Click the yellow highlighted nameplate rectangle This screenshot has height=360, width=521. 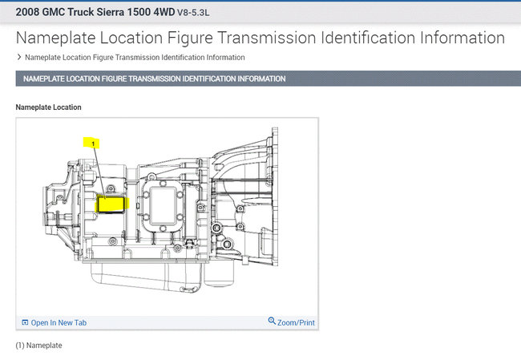[x=111, y=204]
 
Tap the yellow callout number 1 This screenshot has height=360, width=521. [x=93, y=144]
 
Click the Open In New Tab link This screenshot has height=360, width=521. [x=59, y=323]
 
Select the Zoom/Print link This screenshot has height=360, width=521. [x=296, y=323]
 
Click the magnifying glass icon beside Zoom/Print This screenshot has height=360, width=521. [x=272, y=321]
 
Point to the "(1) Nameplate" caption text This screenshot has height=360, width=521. [x=39, y=346]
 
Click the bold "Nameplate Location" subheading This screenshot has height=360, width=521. [x=49, y=107]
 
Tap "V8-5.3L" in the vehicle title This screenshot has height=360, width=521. [x=193, y=13]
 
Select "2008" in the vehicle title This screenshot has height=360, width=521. [x=27, y=12]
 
